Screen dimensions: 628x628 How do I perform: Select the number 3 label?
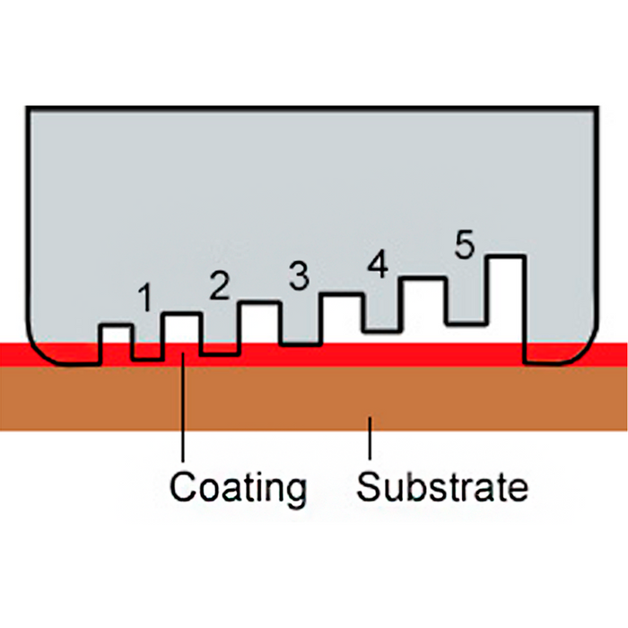tap(300, 276)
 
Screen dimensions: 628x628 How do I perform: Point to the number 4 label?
tap(378, 265)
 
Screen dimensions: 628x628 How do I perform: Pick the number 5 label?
tap(463, 246)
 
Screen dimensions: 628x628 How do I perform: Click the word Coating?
tap(239, 488)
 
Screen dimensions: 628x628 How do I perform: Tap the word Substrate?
tap(442, 488)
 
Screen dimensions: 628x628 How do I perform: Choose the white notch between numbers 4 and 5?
tap(423, 304)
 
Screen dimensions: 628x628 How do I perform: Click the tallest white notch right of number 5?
tap(505, 301)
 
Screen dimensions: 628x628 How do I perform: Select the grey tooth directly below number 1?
tap(148, 345)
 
